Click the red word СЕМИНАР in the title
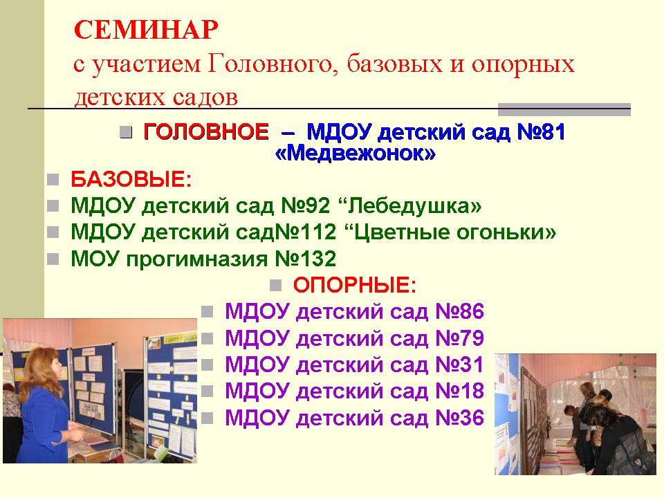tap(146, 30)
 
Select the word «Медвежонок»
tap(356, 153)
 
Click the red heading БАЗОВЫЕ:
tap(131, 179)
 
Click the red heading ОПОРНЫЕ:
tap(354, 285)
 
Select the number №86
tap(459, 311)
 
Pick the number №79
tap(459, 338)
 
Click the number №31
tap(459, 365)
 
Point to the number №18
tap(459, 391)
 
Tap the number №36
tap(459, 418)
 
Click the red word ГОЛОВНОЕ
tap(206, 131)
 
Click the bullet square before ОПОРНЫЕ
tap(276, 285)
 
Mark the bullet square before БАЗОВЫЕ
tap(53, 180)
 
